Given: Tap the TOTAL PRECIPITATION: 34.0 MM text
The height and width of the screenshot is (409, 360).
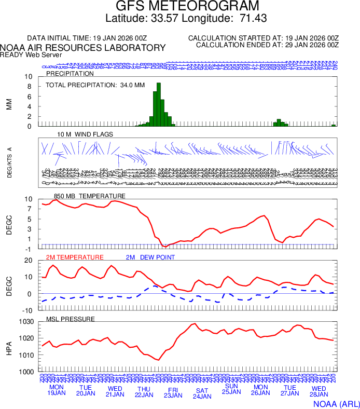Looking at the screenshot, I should [x=95, y=85].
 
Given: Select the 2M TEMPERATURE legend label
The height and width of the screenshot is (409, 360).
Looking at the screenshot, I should [x=75, y=257].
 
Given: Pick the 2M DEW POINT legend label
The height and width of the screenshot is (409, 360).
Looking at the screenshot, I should [x=150, y=257].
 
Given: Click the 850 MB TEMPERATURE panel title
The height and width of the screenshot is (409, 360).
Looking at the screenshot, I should [x=89, y=196].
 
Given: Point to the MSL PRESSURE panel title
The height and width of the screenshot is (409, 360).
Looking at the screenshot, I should [x=71, y=319].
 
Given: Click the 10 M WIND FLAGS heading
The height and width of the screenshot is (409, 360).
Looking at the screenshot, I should [x=85, y=134].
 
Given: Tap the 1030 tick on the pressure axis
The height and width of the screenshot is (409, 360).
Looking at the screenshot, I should [x=26, y=322].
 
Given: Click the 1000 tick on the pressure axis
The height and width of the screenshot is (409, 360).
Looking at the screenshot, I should [x=26, y=372].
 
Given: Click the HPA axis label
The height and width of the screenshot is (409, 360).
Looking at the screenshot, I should [x=9, y=347].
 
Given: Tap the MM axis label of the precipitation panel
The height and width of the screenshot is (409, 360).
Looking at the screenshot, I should [x=9, y=102].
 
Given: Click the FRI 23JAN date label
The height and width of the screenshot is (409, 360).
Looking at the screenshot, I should [x=173, y=392].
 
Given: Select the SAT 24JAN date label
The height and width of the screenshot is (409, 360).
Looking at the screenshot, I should [x=202, y=393].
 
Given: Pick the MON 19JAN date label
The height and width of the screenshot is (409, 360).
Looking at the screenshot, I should [x=57, y=390].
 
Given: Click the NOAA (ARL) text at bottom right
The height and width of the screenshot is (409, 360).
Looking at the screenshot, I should [x=336, y=403].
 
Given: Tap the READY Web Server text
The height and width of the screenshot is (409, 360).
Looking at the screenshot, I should [x=31, y=55].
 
